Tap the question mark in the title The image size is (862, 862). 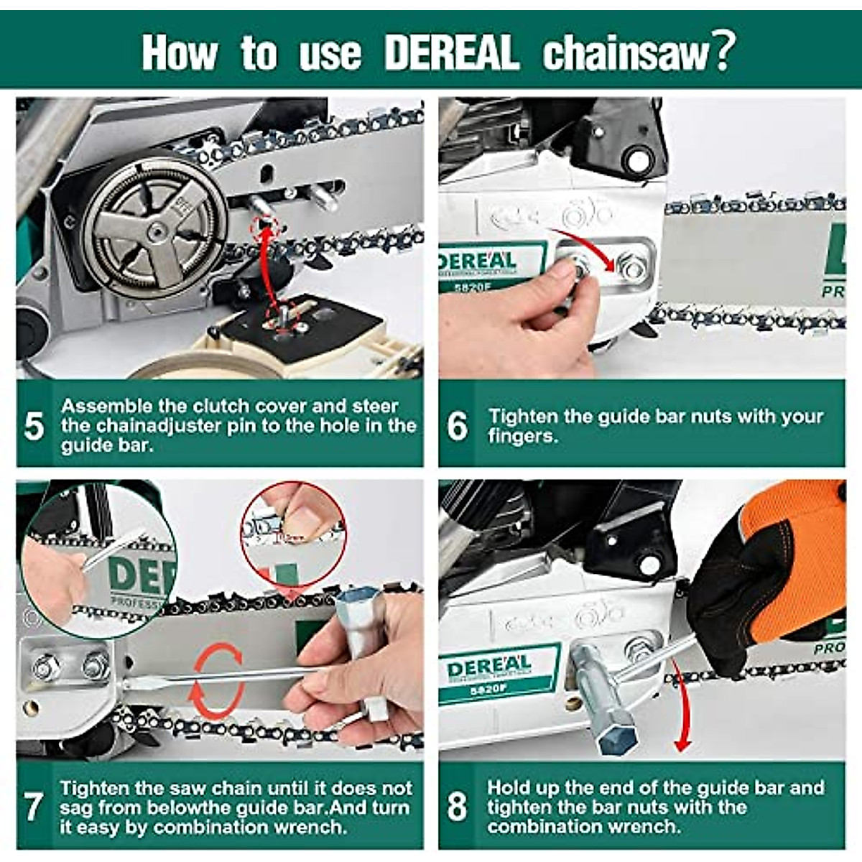click(724, 52)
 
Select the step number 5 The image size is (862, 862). click(34, 426)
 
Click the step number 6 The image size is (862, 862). click(457, 426)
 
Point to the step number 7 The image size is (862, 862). click(34, 807)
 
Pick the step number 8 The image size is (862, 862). click(457, 807)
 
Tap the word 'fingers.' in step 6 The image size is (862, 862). click(523, 436)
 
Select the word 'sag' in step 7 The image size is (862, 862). click(75, 810)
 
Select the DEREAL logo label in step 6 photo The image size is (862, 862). click(491, 267)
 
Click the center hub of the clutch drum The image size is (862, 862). click(155, 231)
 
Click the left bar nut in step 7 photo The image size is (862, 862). click(45, 669)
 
